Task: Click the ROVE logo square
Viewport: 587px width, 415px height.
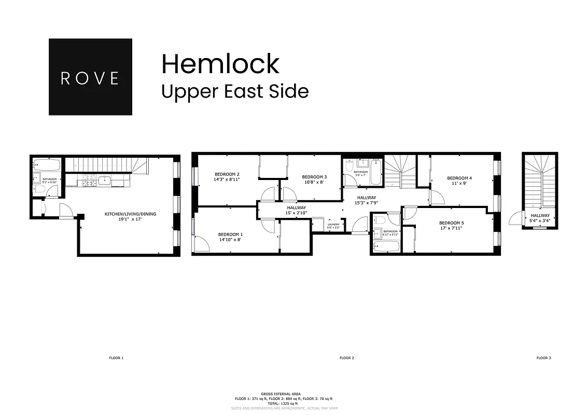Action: (x=90, y=77)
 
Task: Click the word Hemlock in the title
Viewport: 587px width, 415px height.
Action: (x=220, y=64)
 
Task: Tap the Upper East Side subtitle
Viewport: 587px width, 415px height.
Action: (x=235, y=91)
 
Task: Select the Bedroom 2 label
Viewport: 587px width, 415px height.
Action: (x=227, y=174)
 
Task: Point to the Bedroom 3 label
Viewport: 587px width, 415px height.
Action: (x=314, y=177)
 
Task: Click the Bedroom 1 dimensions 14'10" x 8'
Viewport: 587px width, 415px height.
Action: (x=230, y=240)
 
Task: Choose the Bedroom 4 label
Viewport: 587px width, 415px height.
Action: (x=459, y=178)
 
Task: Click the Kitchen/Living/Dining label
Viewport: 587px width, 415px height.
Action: (x=130, y=214)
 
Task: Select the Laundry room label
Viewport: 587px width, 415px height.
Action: (x=333, y=225)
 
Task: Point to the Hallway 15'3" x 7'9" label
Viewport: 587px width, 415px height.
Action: (x=366, y=200)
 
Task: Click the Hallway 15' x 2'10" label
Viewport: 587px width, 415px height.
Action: (x=297, y=210)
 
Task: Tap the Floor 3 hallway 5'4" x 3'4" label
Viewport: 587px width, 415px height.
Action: (x=540, y=218)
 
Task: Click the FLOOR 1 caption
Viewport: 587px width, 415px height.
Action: (x=116, y=358)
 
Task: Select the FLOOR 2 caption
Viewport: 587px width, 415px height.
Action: (x=346, y=358)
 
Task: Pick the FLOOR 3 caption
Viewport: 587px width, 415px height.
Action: (x=543, y=358)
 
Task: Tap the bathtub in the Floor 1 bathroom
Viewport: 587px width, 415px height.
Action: (x=47, y=166)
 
